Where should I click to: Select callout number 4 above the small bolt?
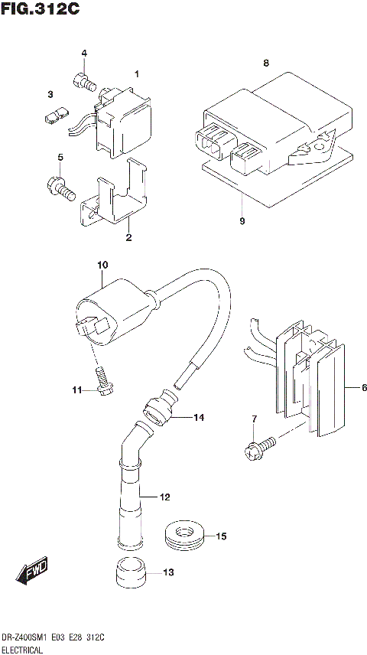click(x=84, y=54)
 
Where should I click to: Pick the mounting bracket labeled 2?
click(x=115, y=200)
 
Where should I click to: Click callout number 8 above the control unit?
click(x=265, y=64)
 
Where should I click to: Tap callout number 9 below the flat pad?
click(x=242, y=222)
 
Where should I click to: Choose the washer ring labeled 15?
click(x=185, y=535)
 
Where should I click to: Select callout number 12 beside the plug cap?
click(x=164, y=497)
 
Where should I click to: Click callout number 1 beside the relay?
click(x=137, y=74)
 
